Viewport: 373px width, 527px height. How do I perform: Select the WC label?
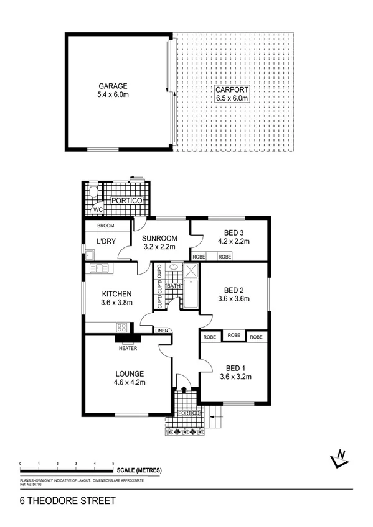(x=98, y=210)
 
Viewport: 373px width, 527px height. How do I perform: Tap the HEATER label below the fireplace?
(x=128, y=348)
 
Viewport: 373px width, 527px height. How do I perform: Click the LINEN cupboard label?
(x=161, y=330)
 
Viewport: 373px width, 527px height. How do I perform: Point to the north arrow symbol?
(x=339, y=459)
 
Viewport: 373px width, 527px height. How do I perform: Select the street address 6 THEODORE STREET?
(x=59, y=499)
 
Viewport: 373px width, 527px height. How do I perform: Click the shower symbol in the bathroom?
(x=191, y=271)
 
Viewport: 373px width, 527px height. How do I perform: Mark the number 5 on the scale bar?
(x=113, y=464)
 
